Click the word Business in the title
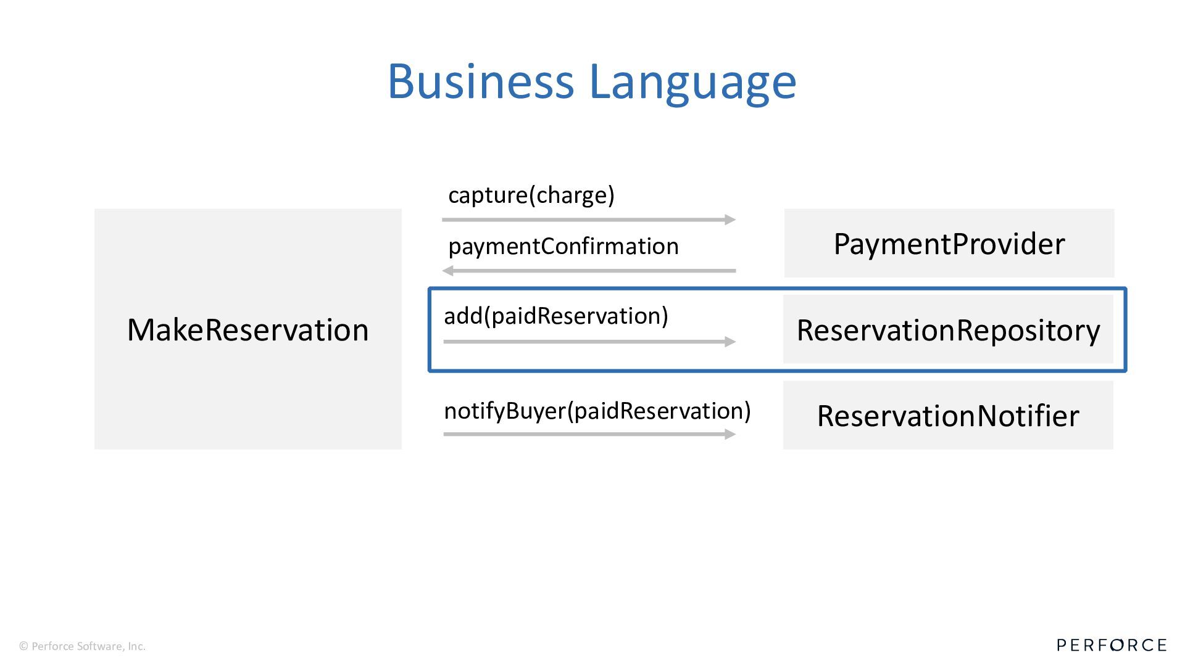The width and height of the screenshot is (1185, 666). [x=480, y=81]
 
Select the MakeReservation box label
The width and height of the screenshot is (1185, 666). [x=247, y=330]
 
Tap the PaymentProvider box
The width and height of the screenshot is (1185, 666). [x=949, y=244]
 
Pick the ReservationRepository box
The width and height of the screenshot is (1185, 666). [x=948, y=330]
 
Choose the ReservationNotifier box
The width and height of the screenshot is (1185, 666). [x=948, y=416]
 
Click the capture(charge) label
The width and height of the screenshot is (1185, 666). [x=531, y=195]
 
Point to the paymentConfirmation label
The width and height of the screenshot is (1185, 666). [x=563, y=246]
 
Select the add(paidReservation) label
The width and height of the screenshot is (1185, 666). [x=555, y=316]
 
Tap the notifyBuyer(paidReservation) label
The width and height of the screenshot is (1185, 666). [x=597, y=411]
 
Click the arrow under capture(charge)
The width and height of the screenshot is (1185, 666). [x=586, y=220]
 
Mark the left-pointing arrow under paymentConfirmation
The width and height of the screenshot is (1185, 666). [x=589, y=271]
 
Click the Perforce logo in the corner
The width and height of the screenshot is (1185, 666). [x=1111, y=645]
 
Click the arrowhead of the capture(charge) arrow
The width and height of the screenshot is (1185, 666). [x=730, y=220]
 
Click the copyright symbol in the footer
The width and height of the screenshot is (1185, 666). [x=24, y=646]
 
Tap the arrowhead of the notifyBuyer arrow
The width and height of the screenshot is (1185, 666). [x=730, y=434]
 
